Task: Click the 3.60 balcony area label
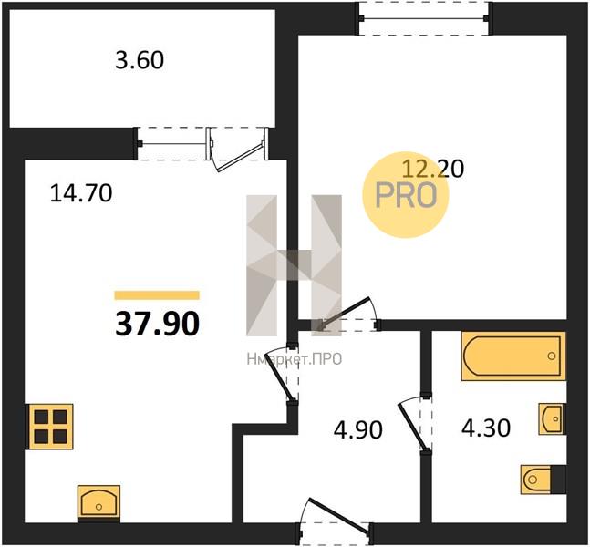(140, 60)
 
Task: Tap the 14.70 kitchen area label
(81, 193)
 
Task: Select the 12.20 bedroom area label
(433, 169)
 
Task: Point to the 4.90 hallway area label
(357, 429)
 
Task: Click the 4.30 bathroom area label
(486, 428)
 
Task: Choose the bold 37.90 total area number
(157, 324)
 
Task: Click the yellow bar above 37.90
(157, 295)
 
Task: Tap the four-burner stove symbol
(49, 427)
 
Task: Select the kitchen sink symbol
(99, 502)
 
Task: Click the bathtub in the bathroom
(513, 356)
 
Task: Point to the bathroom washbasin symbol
(552, 418)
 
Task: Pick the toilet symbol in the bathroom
(543, 480)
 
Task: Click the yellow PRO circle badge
(406, 195)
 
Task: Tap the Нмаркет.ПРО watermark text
(295, 359)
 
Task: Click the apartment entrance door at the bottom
(336, 518)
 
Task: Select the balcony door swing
(239, 154)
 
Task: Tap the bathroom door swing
(415, 423)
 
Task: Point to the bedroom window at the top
(424, 18)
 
